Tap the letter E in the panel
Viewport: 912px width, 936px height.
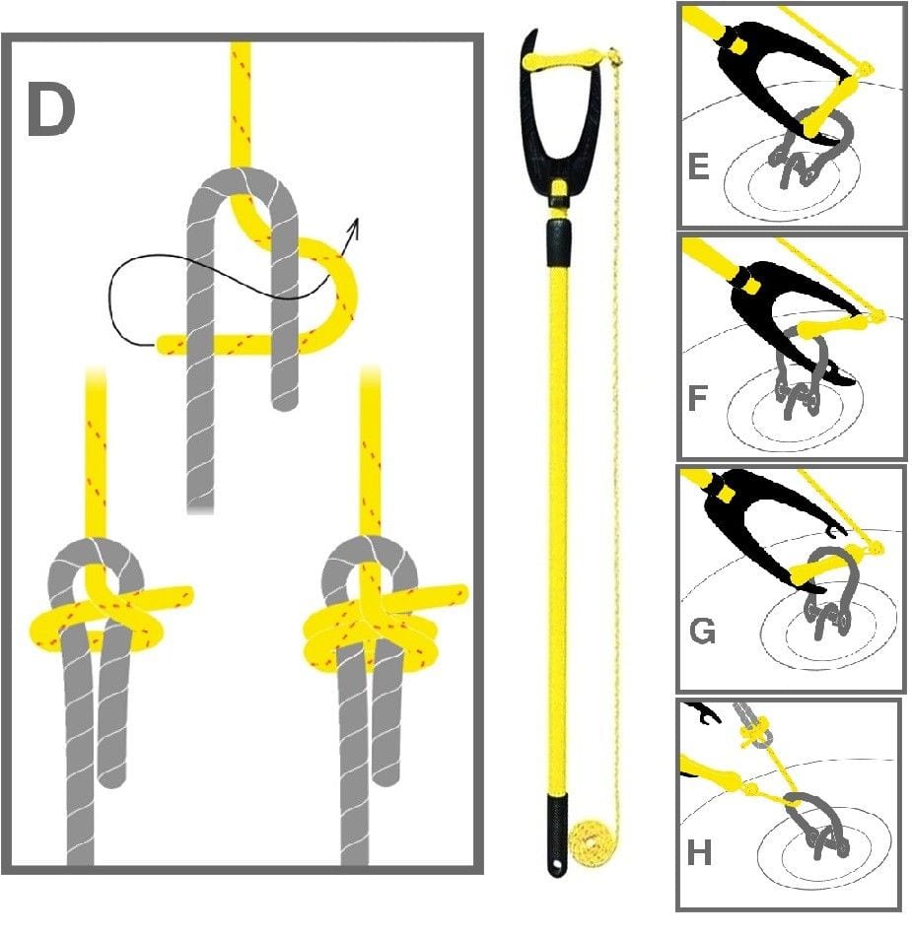tap(699, 167)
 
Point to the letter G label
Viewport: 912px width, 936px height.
tap(702, 631)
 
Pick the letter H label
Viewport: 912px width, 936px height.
tap(699, 852)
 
